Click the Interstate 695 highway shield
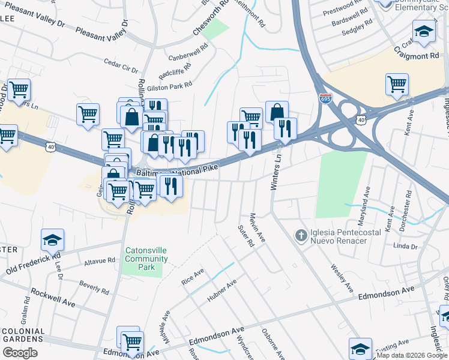coord(325,98)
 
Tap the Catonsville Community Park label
coord(146,259)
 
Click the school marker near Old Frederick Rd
coord(53,240)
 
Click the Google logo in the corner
coord(20,352)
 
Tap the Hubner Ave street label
coord(222,290)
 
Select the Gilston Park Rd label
coord(169,86)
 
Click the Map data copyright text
coord(411,355)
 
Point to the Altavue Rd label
coord(100,261)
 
